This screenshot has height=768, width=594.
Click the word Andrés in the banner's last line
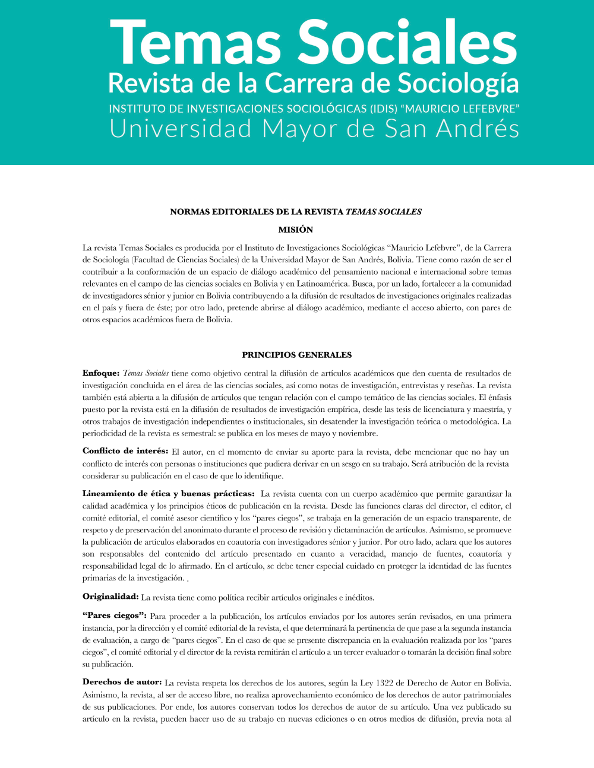pos(478,129)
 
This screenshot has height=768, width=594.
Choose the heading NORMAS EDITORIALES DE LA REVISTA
pos(257,212)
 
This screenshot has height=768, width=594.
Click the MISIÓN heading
pos(296,230)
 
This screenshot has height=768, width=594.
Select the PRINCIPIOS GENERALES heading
pos(296,355)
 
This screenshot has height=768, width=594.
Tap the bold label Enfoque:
pos(101,373)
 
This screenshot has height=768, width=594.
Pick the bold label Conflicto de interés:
pos(125,451)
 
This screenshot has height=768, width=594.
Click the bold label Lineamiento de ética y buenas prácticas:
pos(169,494)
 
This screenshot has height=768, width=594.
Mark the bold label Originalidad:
pos(110,596)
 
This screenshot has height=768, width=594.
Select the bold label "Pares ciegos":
pos(115,615)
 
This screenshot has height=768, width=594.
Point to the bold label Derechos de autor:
pos(122,683)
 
